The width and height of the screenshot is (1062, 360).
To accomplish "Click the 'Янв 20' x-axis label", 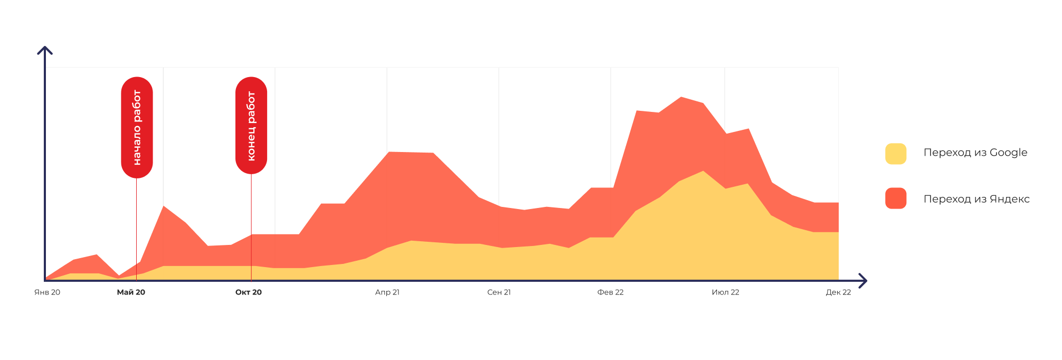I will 47,292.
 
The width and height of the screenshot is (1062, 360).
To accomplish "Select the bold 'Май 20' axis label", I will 131,292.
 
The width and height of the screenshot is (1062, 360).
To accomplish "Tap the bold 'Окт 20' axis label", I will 249,292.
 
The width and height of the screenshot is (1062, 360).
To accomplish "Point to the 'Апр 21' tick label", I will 387,292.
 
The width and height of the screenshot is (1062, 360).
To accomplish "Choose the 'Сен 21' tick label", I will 499,292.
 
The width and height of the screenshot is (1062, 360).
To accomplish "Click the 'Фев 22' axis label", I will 611,292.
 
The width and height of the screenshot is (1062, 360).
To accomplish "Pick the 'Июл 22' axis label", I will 725,292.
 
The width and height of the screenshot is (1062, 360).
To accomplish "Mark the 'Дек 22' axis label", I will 838,292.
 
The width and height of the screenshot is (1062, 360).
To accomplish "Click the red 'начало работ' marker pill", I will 137,127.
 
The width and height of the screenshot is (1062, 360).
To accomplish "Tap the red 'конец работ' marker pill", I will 251,126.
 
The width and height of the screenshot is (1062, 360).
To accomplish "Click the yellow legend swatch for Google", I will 896,154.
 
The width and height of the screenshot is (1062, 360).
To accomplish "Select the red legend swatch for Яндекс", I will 896,198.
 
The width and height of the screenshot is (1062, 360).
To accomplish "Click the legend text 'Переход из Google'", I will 975,153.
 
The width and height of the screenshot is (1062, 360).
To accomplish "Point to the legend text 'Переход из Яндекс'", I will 976,199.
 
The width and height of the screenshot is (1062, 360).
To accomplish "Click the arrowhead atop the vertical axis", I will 45,50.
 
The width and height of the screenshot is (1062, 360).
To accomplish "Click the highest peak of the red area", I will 681,98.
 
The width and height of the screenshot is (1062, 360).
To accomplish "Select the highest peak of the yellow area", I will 703,172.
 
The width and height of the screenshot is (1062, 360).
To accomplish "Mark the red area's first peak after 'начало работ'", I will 164,206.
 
